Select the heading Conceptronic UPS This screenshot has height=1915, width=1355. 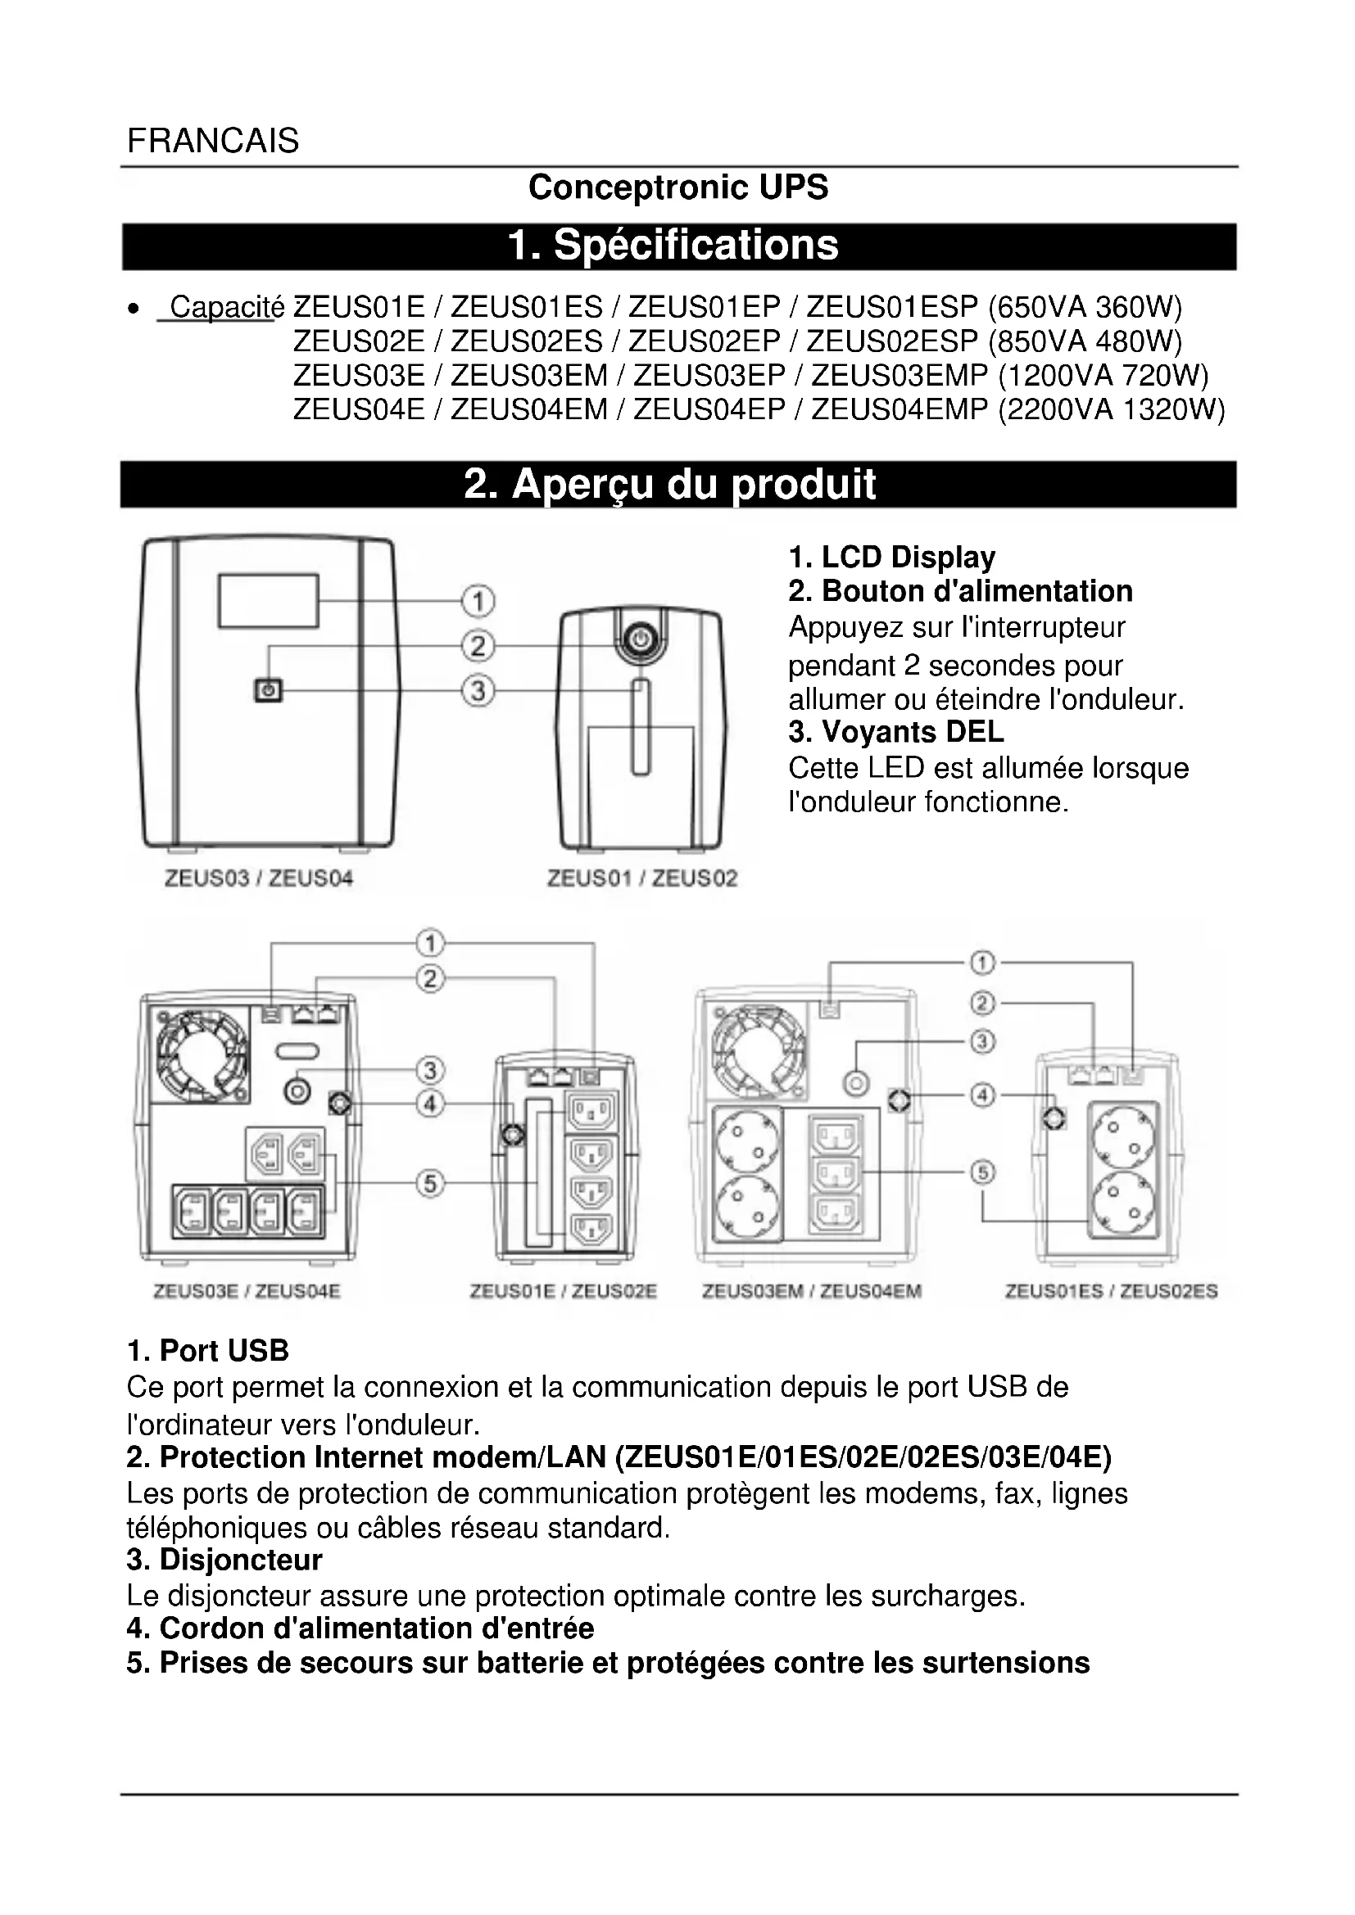tap(677, 187)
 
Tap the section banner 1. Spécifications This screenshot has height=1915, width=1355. tap(677, 246)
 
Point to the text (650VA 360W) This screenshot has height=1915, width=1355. tap(1085, 308)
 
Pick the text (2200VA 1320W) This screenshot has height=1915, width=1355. tap(1112, 410)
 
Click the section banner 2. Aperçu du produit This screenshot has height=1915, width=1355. tap(677, 485)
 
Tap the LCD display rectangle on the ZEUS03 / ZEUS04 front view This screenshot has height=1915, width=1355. tap(268, 600)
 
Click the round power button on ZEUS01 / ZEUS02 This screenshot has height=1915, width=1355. tap(639, 640)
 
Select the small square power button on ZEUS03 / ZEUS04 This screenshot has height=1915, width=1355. tap(268, 691)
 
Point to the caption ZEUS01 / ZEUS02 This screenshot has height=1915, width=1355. tap(641, 878)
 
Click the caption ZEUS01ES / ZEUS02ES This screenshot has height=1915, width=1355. tap(1111, 1292)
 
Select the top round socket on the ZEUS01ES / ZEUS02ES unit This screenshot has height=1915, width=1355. tap(1122, 1139)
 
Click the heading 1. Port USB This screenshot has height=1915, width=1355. tap(208, 1350)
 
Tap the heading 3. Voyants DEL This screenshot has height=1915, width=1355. tap(896, 732)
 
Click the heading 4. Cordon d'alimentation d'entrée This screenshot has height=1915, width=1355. tap(360, 1628)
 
